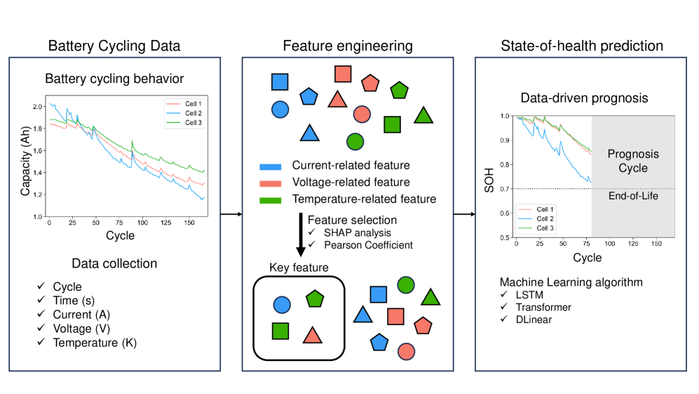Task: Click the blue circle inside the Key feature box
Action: (281, 304)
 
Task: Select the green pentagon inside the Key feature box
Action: (315, 299)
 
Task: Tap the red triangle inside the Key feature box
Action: (312, 335)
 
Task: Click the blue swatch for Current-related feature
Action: (270, 166)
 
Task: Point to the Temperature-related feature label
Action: (364, 199)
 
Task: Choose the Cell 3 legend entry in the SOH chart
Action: (544, 228)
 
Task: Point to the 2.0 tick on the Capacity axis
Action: (39, 106)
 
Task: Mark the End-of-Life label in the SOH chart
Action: (632, 196)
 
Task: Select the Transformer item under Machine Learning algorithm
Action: (542, 307)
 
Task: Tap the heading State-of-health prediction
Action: (582, 46)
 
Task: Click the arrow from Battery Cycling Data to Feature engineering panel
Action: (231, 213)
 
